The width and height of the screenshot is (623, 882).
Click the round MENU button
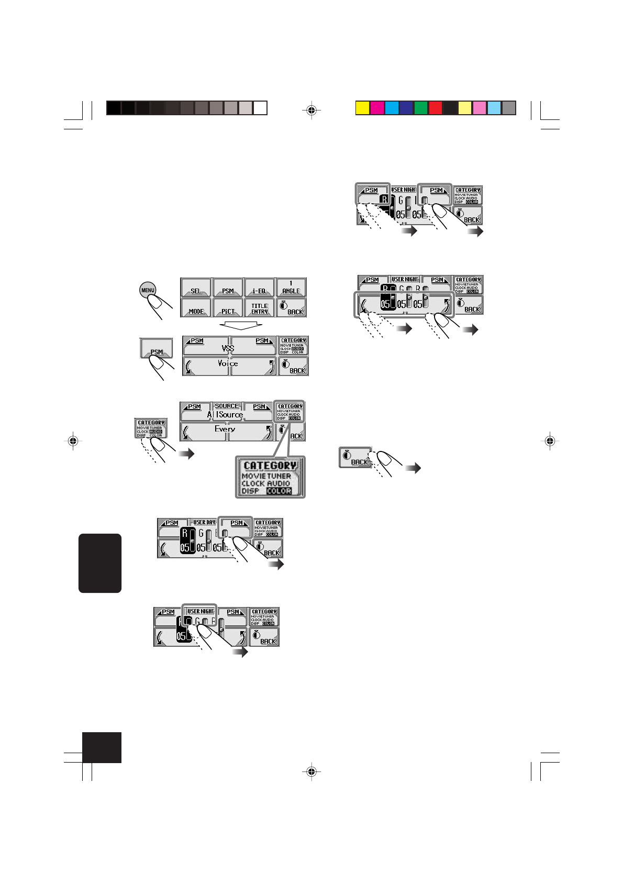(148, 290)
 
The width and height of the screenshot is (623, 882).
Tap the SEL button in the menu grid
(196, 288)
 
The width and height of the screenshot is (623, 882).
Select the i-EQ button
(259, 288)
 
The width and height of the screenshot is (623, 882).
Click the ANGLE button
(291, 288)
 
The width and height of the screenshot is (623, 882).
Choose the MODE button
(196, 308)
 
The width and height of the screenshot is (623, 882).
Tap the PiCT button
(228, 308)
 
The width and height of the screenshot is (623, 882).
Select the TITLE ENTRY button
(259, 308)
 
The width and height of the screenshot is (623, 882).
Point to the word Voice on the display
(228, 363)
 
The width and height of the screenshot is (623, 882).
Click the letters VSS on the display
(228, 348)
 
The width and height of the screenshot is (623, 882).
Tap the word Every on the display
(225, 429)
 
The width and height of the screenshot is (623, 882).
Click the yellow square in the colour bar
(362, 108)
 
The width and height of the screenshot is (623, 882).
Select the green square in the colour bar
(421, 108)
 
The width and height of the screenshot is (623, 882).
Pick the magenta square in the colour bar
(377, 108)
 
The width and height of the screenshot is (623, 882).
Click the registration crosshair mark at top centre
(311, 111)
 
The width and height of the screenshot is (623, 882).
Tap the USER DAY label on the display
(204, 522)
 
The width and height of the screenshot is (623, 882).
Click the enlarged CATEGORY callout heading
(270, 466)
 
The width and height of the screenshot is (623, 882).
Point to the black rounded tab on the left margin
(100, 563)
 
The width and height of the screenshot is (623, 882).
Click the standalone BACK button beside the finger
(354, 457)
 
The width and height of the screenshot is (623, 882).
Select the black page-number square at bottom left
(102, 747)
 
